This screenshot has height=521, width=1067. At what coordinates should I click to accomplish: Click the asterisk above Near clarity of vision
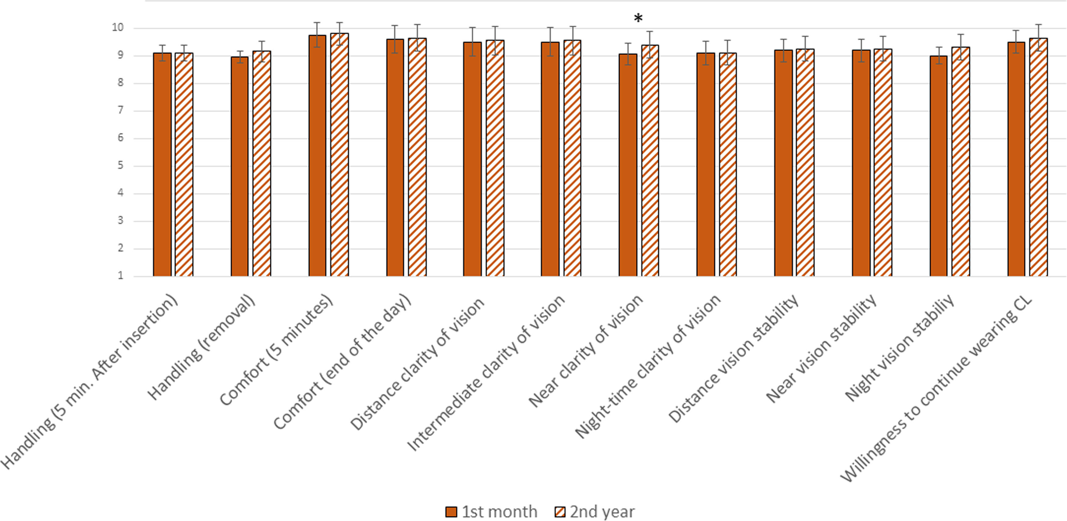pos(638,18)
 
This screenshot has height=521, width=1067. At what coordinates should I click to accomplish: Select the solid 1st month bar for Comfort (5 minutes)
pos(317,156)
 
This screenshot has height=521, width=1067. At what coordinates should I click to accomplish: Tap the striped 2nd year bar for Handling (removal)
pos(262,164)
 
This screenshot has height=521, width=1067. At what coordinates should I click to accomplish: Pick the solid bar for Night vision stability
pos(939,166)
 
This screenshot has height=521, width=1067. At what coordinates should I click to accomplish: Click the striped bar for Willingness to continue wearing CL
pos(1038,157)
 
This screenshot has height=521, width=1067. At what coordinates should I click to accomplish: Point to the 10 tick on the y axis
pos(118,28)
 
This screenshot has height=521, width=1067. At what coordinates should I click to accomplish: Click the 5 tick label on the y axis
pos(121,166)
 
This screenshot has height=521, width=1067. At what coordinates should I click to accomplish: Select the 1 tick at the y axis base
pos(121,276)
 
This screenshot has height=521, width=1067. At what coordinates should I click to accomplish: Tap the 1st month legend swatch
pos(451,512)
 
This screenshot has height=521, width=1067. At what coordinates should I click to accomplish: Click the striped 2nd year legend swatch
pos(560,512)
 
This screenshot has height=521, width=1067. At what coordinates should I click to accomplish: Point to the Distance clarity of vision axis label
pos(417,364)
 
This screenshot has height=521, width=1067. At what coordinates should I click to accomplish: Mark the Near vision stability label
pos(821,349)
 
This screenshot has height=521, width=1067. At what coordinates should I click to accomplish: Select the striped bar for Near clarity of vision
pos(650,161)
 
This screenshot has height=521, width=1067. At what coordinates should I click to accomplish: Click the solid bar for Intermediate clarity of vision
pos(550,159)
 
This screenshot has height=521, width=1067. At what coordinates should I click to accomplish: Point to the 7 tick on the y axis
pos(121,111)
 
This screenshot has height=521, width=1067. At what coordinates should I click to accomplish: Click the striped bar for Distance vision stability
pos(805,163)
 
